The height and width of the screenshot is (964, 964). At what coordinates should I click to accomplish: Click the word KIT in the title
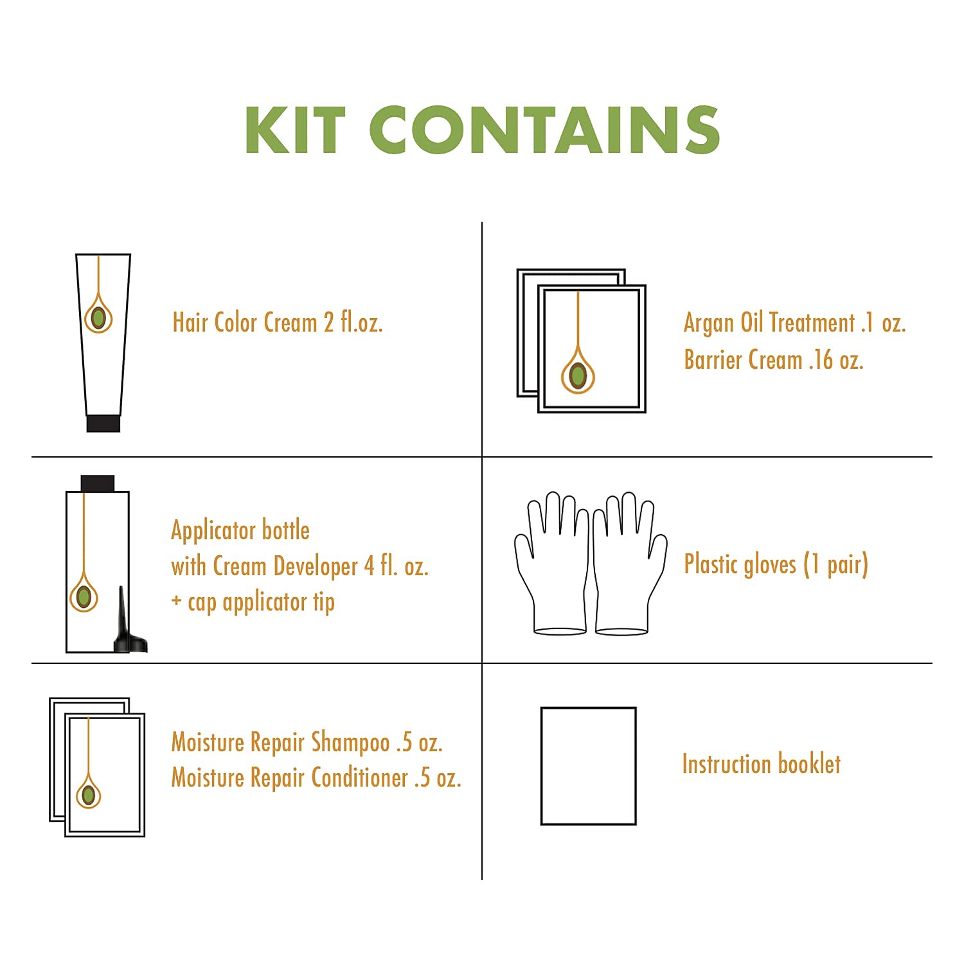point(296,130)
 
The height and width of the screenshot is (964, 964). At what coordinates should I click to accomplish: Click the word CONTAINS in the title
point(544,130)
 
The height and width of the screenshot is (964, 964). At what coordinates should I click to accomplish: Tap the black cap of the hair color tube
point(103,423)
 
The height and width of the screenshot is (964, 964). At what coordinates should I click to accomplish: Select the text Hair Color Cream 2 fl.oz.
point(278,323)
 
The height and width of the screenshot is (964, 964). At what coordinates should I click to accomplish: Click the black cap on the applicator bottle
point(98,483)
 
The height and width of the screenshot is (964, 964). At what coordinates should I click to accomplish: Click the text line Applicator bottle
point(240,530)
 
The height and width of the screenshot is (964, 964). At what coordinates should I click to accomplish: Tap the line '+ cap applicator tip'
point(253,603)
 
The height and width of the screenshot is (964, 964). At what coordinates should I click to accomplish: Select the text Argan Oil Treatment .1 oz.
point(795,323)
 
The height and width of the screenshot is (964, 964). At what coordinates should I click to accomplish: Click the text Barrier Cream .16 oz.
point(774,360)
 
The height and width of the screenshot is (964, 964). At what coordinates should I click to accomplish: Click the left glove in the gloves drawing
point(552,563)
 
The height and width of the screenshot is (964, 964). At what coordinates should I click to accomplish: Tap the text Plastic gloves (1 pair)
point(776,565)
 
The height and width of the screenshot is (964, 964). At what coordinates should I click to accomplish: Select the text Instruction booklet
point(762,764)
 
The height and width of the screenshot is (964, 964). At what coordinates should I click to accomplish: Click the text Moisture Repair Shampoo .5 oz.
point(307,742)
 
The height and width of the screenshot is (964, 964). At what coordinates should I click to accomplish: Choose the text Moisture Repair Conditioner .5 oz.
point(316,778)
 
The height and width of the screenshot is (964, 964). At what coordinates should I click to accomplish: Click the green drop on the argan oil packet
point(578,375)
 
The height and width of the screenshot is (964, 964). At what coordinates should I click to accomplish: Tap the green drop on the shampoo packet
point(89,794)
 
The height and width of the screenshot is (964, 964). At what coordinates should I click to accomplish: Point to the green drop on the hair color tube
point(98,317)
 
